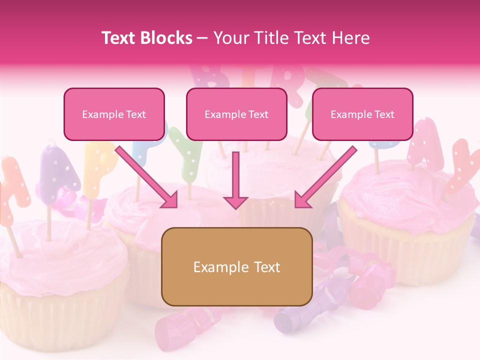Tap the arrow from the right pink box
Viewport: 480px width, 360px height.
click(325, 177)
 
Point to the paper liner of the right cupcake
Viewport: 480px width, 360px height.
click(405, 250)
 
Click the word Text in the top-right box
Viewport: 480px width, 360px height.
click(384, 114)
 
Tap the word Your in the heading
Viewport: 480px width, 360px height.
click(231, 38)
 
